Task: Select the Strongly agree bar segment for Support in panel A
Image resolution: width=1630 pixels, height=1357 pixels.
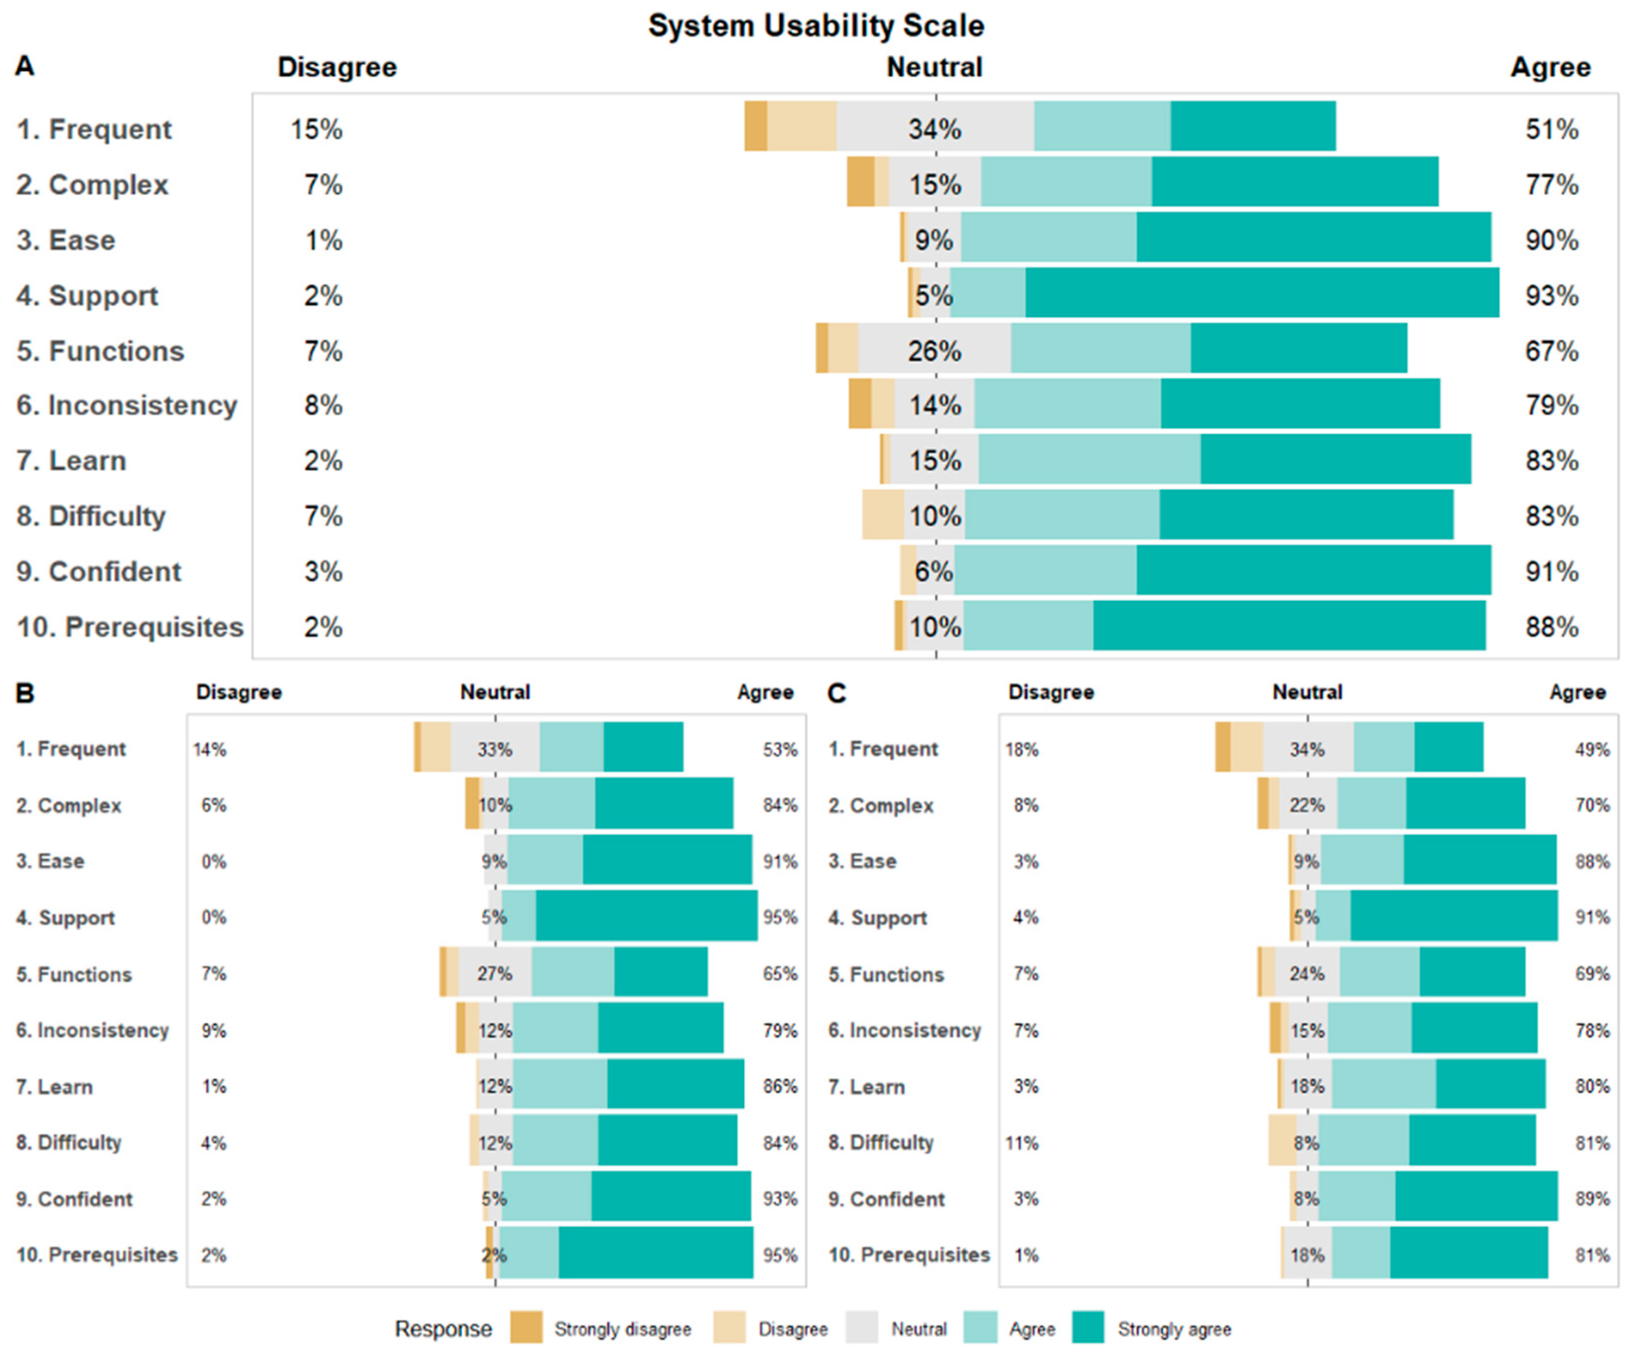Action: tap(1261, 293)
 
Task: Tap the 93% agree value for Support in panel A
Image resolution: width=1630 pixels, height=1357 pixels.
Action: tap(1551, 295)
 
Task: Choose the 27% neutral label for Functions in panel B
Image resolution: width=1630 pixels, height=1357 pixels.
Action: tap(495, 973)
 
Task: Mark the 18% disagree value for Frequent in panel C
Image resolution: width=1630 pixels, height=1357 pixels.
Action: tap(1021, 749)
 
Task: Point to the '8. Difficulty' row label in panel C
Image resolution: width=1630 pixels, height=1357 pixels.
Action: tap(880, 1142)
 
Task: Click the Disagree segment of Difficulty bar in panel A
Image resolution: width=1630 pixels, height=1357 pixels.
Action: tap(882, 514)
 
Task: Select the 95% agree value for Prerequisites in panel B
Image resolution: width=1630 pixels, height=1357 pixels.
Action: tap(779, 1254)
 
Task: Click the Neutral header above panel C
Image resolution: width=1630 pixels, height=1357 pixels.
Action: tap(1307, 692)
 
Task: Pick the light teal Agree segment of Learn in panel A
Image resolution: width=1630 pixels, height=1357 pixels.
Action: tap(1088, 459)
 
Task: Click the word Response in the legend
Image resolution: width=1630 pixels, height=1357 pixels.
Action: tap(443, 1328)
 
